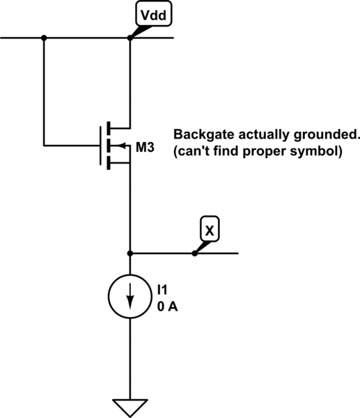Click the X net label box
pos(208,228)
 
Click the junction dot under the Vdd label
pos(130,38)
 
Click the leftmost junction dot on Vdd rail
pos(44,38)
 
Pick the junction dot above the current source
pos(130,254)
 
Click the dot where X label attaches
pos(194,254)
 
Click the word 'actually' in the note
pos(255,134)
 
